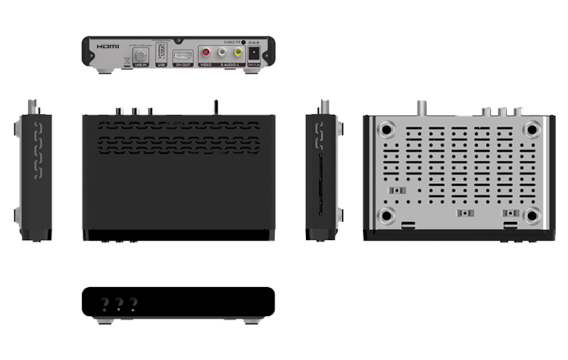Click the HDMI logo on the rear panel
click(108, 47)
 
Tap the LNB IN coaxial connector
click(139, 54)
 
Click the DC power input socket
click(256, 53)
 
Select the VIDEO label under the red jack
click(206, 65)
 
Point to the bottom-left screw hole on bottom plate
click(386, 215)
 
